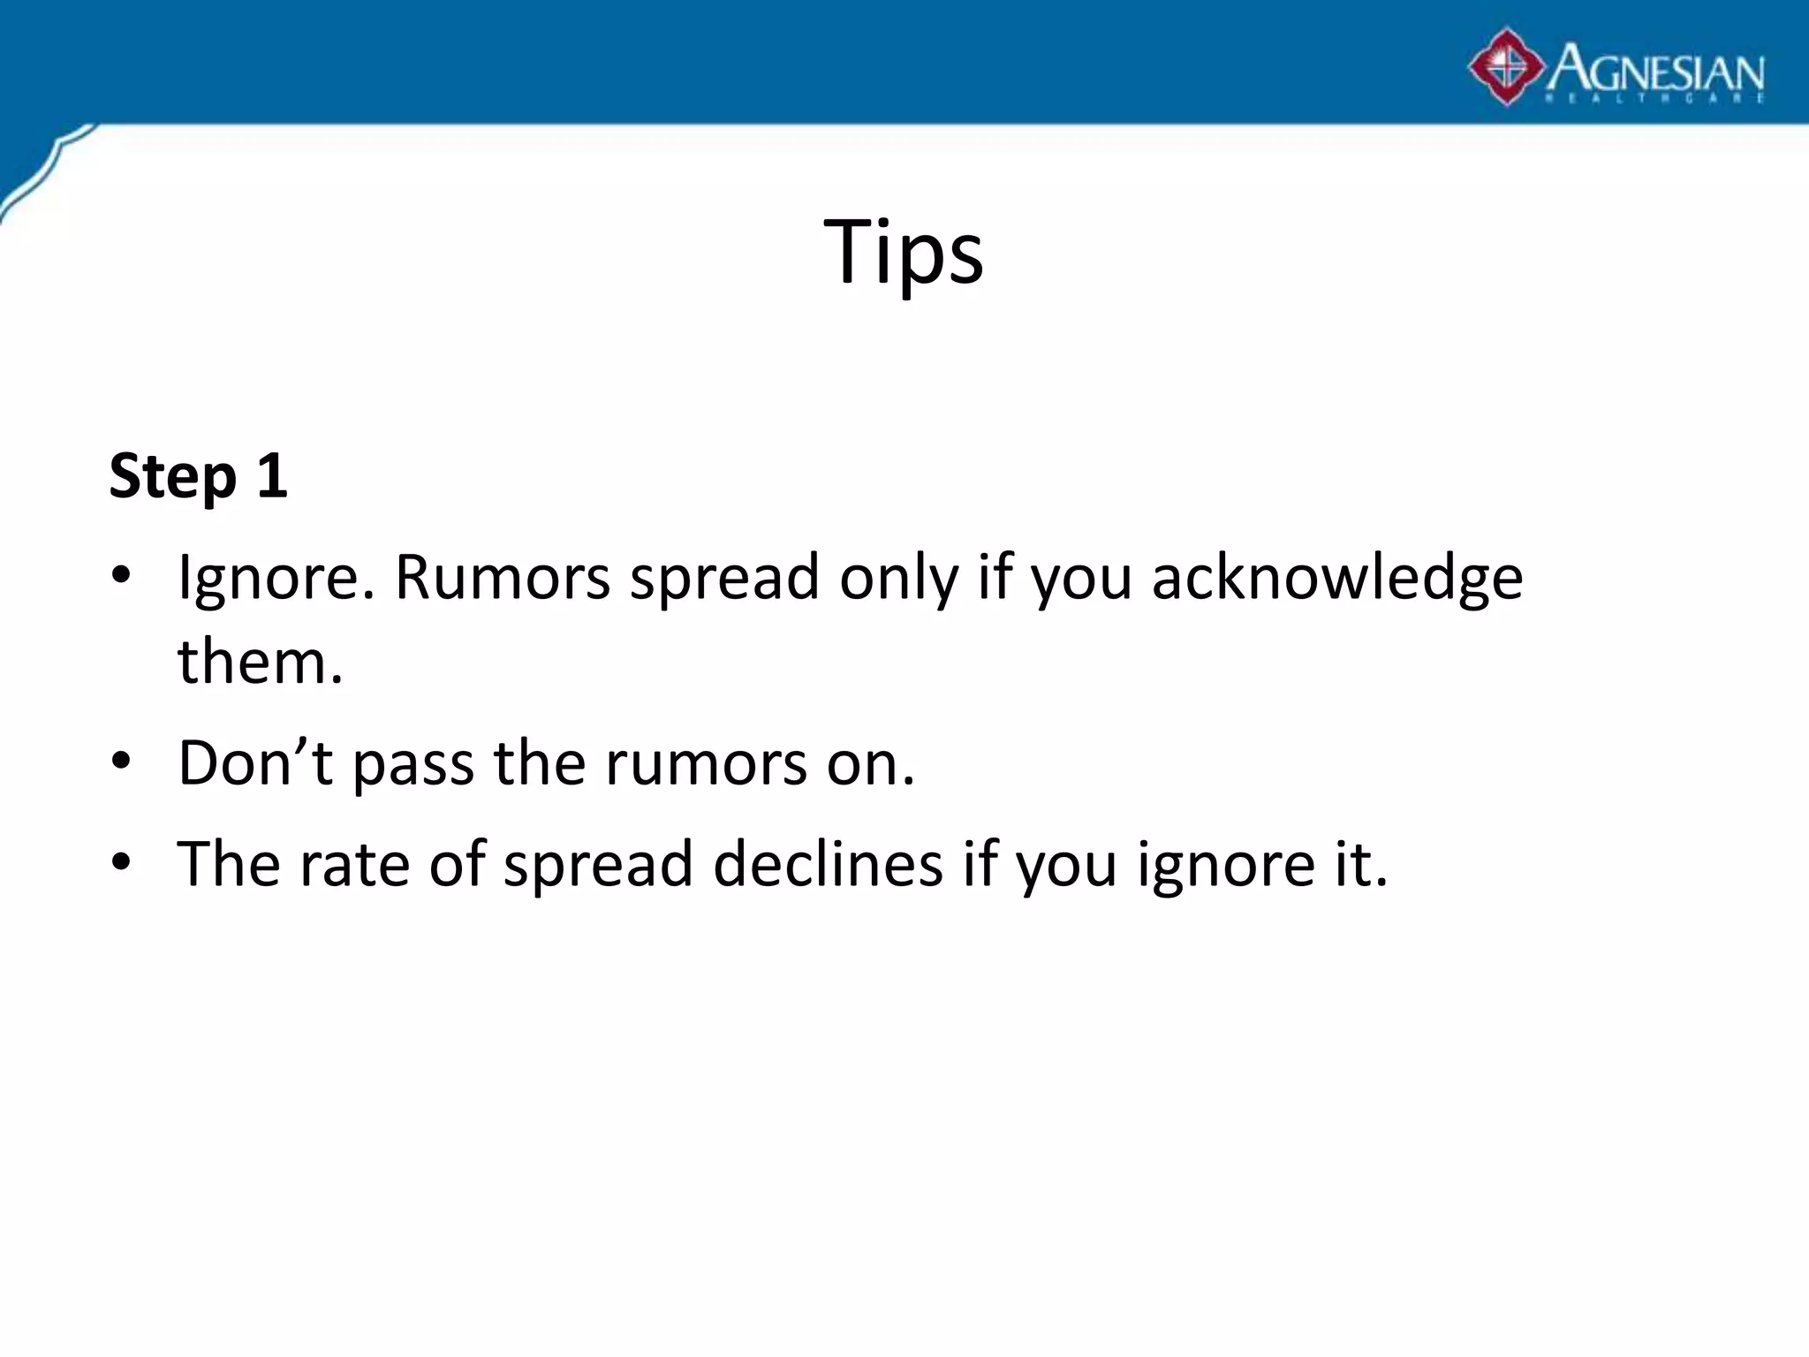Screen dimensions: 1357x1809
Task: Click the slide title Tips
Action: pos(903,252)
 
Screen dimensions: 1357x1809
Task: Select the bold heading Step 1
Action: pos(198,475)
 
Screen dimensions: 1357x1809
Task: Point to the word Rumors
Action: pos(502,577)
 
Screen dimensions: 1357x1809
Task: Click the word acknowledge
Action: pos(1337,579)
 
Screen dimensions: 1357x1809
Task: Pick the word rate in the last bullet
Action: pos(353,864)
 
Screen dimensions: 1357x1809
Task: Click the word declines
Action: pos(828,863)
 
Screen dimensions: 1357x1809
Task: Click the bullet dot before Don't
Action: pos(121,760)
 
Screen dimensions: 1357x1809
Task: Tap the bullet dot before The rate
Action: pos(121,860)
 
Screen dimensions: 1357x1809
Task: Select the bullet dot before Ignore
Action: pos(121,575)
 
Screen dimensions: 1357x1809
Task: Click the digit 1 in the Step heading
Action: pos(272,475)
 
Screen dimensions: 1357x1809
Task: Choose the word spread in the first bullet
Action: pos(724,579)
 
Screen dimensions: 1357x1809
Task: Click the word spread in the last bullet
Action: pos(598,865)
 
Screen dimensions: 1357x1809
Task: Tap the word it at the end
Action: pos(1366,863)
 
